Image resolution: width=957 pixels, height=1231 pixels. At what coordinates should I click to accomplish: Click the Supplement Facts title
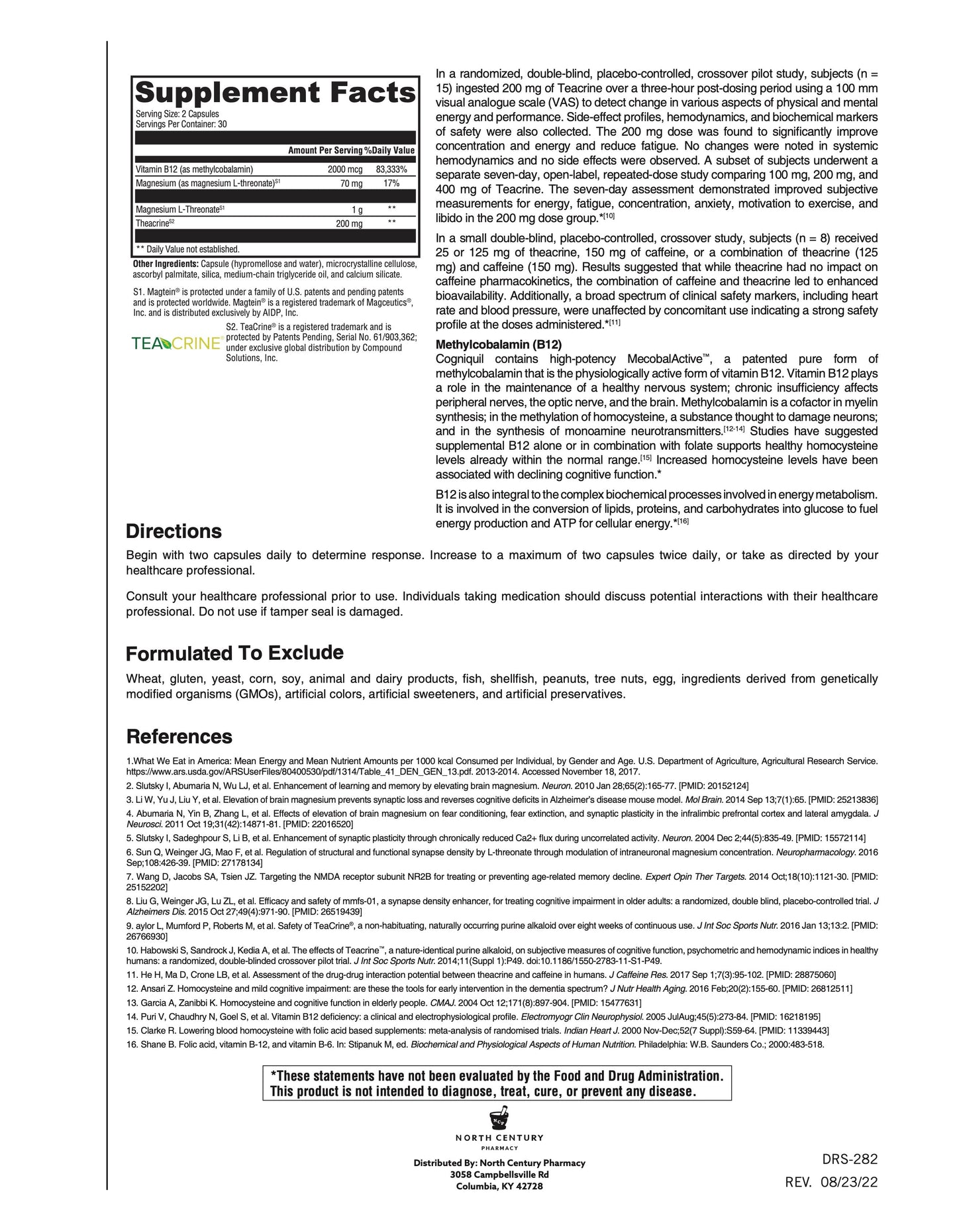click(x=275, y=92)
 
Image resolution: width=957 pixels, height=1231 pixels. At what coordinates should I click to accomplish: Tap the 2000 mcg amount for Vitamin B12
click(x=344, y=170)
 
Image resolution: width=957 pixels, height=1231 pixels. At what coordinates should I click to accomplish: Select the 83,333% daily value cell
click(x=391, y=170)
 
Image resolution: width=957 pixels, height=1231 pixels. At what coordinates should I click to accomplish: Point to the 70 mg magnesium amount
click(x=351, y=184)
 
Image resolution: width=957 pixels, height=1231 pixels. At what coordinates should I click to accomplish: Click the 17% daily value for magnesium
click(x=391, y=184)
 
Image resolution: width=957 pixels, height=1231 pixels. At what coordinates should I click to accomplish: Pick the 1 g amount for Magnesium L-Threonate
click(x=357, y=210)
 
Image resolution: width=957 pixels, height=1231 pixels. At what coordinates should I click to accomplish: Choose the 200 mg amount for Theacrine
click(x=349, y=224)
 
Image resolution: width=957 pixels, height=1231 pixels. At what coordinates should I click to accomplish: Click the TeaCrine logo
click(x=176, y=343)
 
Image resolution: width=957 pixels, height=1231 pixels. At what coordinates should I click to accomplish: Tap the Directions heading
click(x=174, y=531)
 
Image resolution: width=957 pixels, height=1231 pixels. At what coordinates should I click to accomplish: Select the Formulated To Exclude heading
click(x=234, y=653)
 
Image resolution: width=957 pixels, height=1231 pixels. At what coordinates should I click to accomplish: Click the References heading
click(x=179, y=737)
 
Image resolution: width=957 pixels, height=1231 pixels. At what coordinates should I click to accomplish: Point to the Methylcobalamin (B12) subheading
click(x=498, y=345)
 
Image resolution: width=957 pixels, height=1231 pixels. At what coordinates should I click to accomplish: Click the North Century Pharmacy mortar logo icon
click(x=499, y=1120)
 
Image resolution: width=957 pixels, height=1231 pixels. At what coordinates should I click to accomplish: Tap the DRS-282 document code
click(x=849, y=1159)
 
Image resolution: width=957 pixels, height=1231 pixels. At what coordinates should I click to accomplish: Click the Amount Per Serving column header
click(x=325, y=151)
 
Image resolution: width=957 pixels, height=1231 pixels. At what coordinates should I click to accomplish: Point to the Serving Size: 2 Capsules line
click(x=177, y=114)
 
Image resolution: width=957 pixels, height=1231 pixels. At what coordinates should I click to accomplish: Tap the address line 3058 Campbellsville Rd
click(x=499, y=1175)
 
